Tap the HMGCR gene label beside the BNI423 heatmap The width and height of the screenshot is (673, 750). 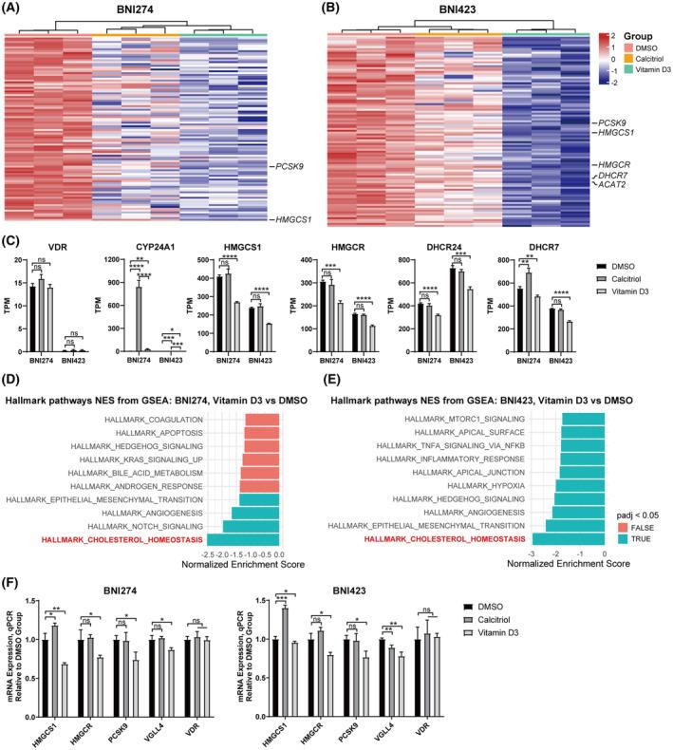pyautogui.click(x=609, y=165)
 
